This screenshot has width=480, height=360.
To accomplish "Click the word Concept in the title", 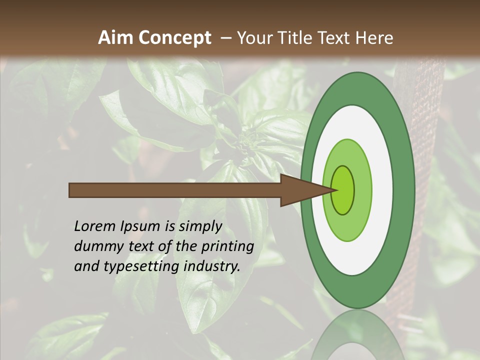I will pos(174,38).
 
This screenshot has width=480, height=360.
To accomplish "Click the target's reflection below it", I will pos(358,335).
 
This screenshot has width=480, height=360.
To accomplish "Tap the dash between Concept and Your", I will pos(225,38).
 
